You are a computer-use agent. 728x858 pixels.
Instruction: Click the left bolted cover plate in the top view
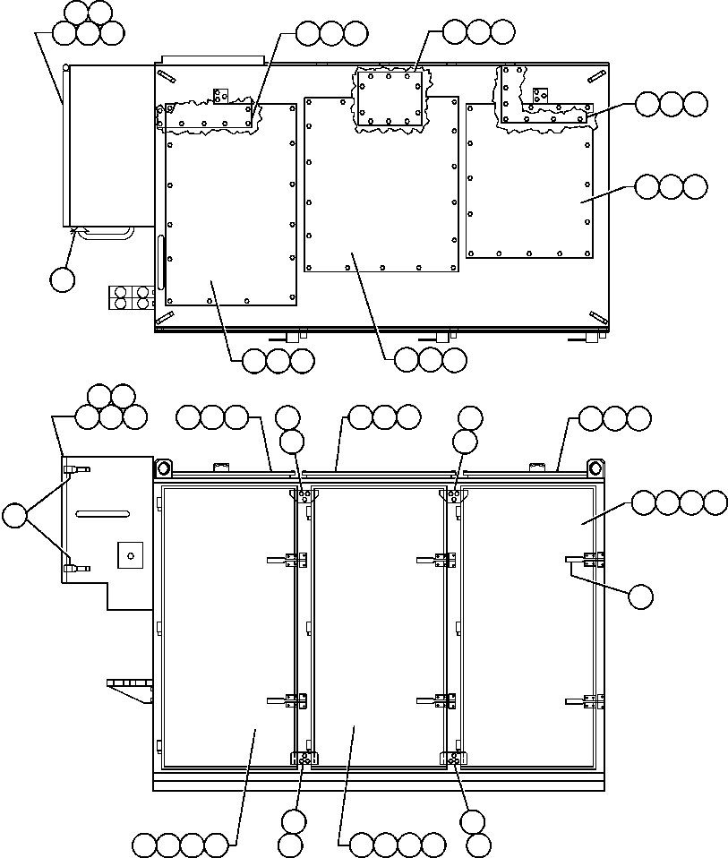[230, 215]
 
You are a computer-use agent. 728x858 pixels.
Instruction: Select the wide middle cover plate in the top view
[381, 197]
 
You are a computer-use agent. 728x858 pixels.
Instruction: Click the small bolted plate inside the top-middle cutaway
[390, 99]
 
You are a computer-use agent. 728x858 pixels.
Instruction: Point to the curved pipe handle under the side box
[106, 232]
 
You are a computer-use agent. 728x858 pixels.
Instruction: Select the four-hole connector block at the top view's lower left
[131, 297]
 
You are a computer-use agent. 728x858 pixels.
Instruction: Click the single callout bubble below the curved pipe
[62, 279]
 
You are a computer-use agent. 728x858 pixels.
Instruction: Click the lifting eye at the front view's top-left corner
[164, 468]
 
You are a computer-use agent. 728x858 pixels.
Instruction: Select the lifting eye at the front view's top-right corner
[594, 468]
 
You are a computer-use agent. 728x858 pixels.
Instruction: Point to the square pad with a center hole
[131, 555]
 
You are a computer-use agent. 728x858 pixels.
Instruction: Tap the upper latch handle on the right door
[583, 560]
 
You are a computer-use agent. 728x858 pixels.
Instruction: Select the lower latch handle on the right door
[584, 700]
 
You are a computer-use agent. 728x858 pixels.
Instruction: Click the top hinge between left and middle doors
[304, 494]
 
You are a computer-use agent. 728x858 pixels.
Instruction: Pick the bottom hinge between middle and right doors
[454, 759]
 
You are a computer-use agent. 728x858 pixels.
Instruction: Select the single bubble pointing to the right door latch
[639, 596]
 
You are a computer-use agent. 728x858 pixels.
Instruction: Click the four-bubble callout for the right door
[679, 503]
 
